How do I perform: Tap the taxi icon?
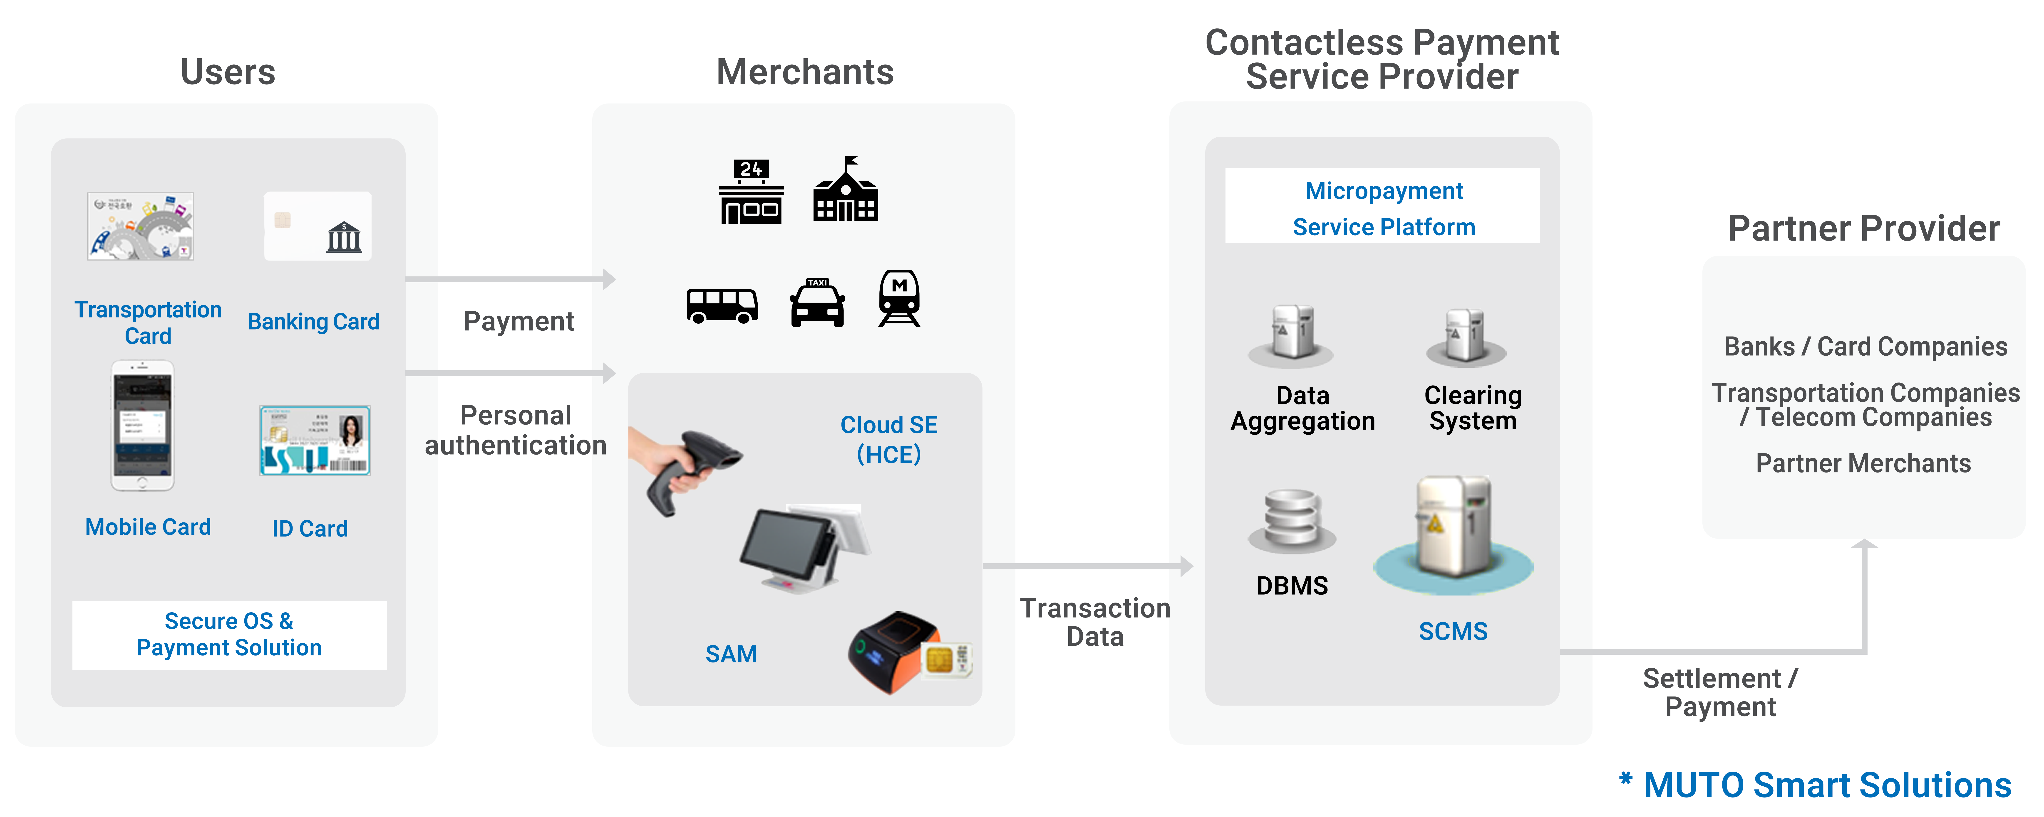click(x=817, y=303)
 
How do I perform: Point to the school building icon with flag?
click(x=846, y=190)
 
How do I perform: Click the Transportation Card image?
click(x=140, y=226)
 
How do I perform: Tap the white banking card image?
click(x=318, y=226)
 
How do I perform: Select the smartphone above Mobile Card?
click(x=142, y=426)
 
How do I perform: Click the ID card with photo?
click(x=315, y=441)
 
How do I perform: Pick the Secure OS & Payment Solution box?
click(x=229, y=635)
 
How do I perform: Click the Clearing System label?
click(x=1473, y=408)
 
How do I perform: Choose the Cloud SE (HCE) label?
click(x=889, y=439)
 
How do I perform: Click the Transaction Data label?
click(x=1095, y=623)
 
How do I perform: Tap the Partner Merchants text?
click(x=1863, y=463)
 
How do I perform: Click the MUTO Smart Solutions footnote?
click(x=1817, y=785)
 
